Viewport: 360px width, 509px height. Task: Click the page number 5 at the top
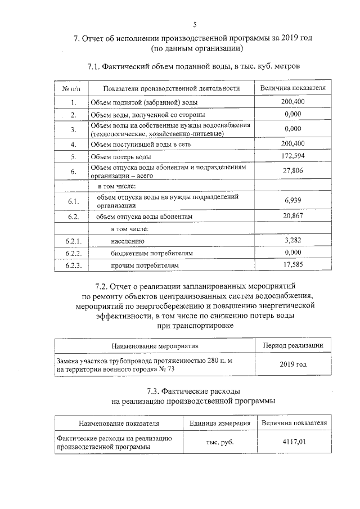tap(195, 24)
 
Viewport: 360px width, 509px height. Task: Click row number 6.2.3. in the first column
tap(74, 265)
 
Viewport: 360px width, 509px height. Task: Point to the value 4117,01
tap(294, 442)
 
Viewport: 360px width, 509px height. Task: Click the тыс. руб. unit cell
tap(220, 442)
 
